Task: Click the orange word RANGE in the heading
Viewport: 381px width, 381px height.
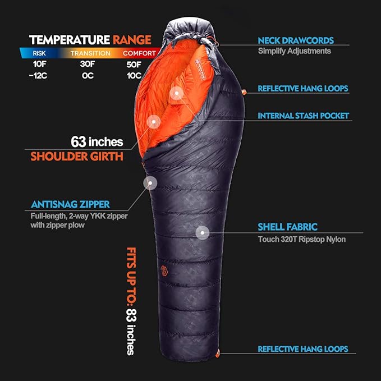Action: pos(132,40)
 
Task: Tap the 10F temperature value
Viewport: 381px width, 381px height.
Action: pos(40,64)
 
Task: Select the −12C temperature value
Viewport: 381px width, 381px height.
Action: pos(40,76)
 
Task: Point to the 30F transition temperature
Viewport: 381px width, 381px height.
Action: pos(89,64)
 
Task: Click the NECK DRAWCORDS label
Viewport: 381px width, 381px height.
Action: pos(296,41)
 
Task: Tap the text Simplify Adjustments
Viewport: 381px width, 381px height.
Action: pos(294,51)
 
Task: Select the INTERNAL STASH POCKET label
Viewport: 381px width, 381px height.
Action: pos(303,116)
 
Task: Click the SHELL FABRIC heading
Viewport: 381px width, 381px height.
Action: pos(287,227)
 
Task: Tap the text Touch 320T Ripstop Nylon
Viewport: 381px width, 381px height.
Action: pos(301,240)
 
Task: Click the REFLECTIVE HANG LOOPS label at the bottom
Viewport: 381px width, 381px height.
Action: pos(302,349)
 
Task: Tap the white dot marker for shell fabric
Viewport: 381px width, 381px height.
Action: pos(202,231)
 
